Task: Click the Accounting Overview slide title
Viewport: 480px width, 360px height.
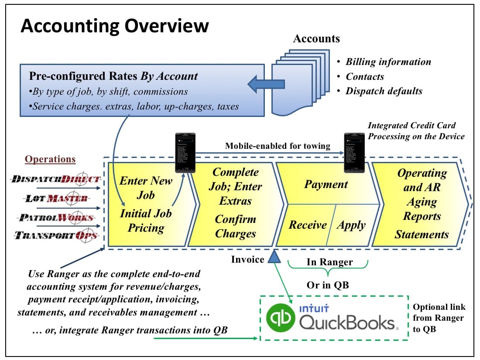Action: [x=115, y=26]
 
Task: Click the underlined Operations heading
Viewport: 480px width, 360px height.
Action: [x=50, y=159]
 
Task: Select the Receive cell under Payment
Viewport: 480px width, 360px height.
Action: [x=308, y=225]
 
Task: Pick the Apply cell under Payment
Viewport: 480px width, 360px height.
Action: [x=351, y=225]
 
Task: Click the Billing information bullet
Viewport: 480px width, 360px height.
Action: [x=388, y=62]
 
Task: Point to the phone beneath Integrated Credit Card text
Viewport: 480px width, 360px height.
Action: [x=354, y=152]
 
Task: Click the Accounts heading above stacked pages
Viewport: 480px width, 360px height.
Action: [x=316, y=38]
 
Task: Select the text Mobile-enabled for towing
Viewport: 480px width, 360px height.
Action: [x=278, y=146]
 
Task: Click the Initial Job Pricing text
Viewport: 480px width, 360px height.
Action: [x=146, y=220]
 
